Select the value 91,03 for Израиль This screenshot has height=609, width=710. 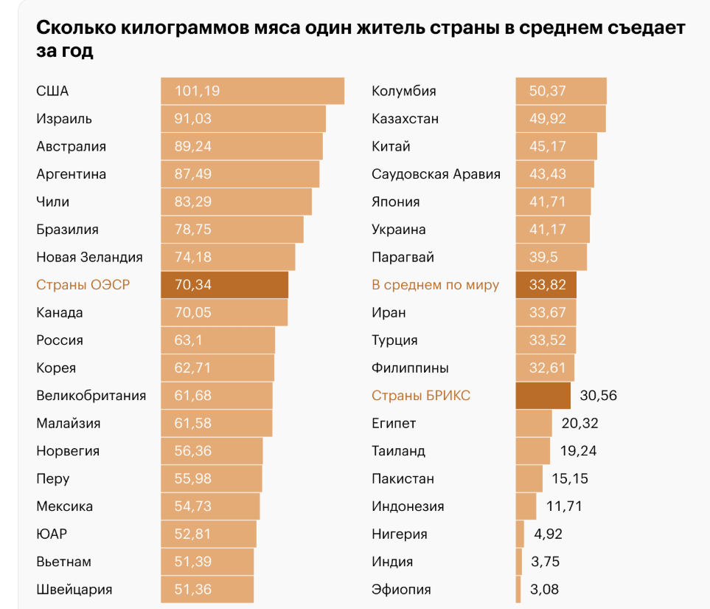click(193, 119)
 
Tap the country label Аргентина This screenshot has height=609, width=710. click(72, 174)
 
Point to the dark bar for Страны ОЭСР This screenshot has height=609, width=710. click(224, 285)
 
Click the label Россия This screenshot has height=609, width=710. click(60, 340)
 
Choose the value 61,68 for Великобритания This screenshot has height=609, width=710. click(193, 396)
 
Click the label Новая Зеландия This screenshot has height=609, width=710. click(89, 257)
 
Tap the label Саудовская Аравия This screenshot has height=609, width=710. click(436, 174)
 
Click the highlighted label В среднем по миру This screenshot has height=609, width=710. click(435, 285)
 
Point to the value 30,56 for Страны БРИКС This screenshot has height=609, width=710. click(598, 396)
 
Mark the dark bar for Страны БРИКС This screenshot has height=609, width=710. click(543, 396)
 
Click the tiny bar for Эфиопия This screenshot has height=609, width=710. click(518, 589)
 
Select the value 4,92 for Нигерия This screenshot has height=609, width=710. click(546, 534)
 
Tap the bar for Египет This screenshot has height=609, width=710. click(533, 423)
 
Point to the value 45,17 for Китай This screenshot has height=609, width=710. click(548, 146)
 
